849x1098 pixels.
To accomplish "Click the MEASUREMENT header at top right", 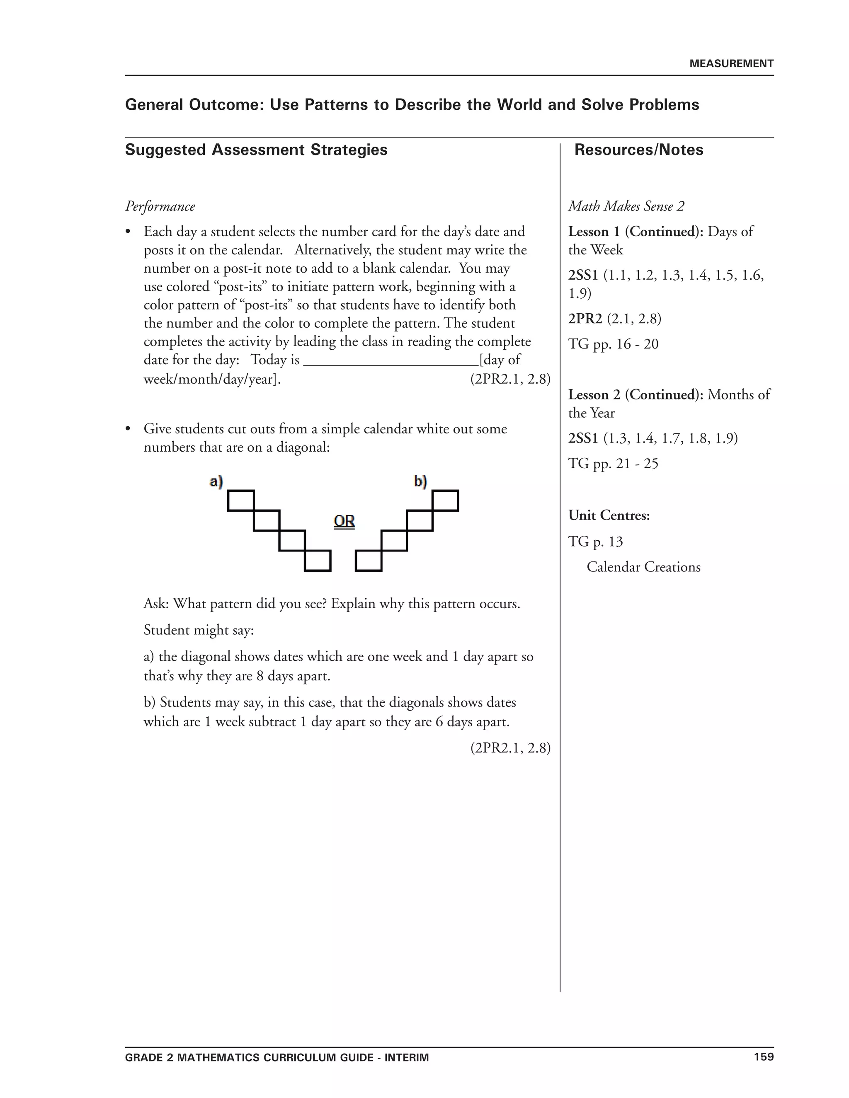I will point(731,64).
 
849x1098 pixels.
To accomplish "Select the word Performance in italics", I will point(160,207).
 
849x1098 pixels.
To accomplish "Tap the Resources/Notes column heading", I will point(638,150).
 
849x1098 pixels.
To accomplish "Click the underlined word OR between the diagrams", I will point(344,521).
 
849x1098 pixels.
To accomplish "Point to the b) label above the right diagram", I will point(420,481).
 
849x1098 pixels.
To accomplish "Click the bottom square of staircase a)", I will point(318,561).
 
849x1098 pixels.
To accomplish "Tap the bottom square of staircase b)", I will point(369,561).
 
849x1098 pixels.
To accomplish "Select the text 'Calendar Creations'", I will point(643,567).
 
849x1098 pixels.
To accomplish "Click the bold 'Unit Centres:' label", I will point(609,515).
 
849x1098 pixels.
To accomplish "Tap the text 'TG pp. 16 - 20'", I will point(613,344).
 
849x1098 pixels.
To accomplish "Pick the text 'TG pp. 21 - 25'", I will point(613,464).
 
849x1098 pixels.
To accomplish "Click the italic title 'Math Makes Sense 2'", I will point(626,207).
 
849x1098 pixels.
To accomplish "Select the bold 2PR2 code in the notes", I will point(585,319).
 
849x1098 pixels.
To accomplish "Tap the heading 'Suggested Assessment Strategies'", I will point(256,150).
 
